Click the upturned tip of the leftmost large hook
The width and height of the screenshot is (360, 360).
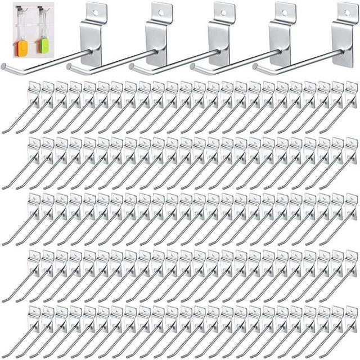[4, 66]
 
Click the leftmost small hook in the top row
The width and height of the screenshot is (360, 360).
[22, 107]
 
